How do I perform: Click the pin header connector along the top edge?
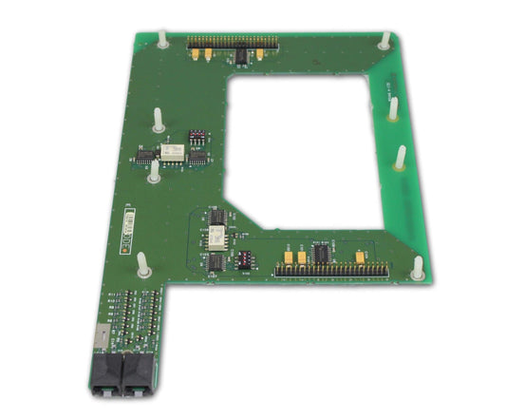233,43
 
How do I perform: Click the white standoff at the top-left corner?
162,39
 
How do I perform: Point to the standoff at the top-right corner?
384,40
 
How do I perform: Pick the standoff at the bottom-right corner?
417,267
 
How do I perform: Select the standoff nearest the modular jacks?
143,264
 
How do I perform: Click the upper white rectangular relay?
172,151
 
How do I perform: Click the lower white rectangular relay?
216,237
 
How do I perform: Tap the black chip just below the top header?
242,58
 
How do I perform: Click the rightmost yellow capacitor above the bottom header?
361,256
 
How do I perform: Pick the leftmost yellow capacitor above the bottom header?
288,256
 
